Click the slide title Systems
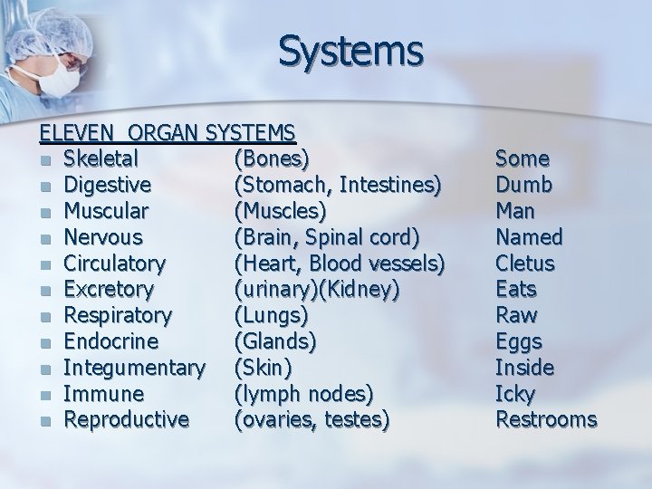[350, 51]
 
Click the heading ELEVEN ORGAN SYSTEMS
[167, 133]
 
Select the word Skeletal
[101, 159]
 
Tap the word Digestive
[108, 186]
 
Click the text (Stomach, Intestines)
[338, 186]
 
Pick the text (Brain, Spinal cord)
[327, 237]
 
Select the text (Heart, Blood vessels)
[339, 264]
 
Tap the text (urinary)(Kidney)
[316, 290]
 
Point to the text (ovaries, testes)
[312, 420]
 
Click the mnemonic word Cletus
[525, 264]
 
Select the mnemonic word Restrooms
[546, 420]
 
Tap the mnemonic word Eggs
[519, 342]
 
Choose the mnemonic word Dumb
[523, 186]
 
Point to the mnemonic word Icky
[515, 395]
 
